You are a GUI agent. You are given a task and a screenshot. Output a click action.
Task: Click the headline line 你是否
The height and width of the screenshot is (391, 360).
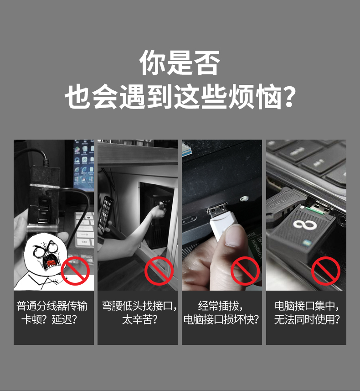[x=180, y=63]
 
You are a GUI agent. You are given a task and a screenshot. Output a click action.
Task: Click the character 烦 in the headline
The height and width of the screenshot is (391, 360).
[x=242, y=97]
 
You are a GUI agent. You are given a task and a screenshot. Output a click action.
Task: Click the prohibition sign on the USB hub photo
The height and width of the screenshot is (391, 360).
[x=75, y=271]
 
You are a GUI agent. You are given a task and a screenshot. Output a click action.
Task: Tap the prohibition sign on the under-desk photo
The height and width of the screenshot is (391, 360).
[x=159, y=271]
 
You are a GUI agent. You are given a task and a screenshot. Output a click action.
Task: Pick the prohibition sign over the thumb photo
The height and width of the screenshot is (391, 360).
[x=245, y=271]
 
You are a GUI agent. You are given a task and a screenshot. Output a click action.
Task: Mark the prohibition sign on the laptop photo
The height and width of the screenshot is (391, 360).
[x=326, y=271]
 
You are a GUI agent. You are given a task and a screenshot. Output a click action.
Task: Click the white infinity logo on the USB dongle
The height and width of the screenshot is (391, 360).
[x=305, y=224]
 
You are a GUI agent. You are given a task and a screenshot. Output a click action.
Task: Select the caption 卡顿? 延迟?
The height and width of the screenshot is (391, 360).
[x=49, y=319]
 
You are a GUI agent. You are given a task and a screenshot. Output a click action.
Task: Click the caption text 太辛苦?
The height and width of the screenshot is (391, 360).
[x=140, y=319]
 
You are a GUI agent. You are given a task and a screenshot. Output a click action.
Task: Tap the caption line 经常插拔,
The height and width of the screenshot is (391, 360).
[x=221, y=306]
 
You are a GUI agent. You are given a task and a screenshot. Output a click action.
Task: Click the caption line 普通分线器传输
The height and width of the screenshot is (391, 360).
[x=52, y=306]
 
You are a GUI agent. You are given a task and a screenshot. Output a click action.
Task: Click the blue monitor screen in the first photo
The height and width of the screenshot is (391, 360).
[x=84, y=165]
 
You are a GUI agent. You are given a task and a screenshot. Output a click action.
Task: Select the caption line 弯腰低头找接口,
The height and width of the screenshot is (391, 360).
[x=139, y=306]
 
